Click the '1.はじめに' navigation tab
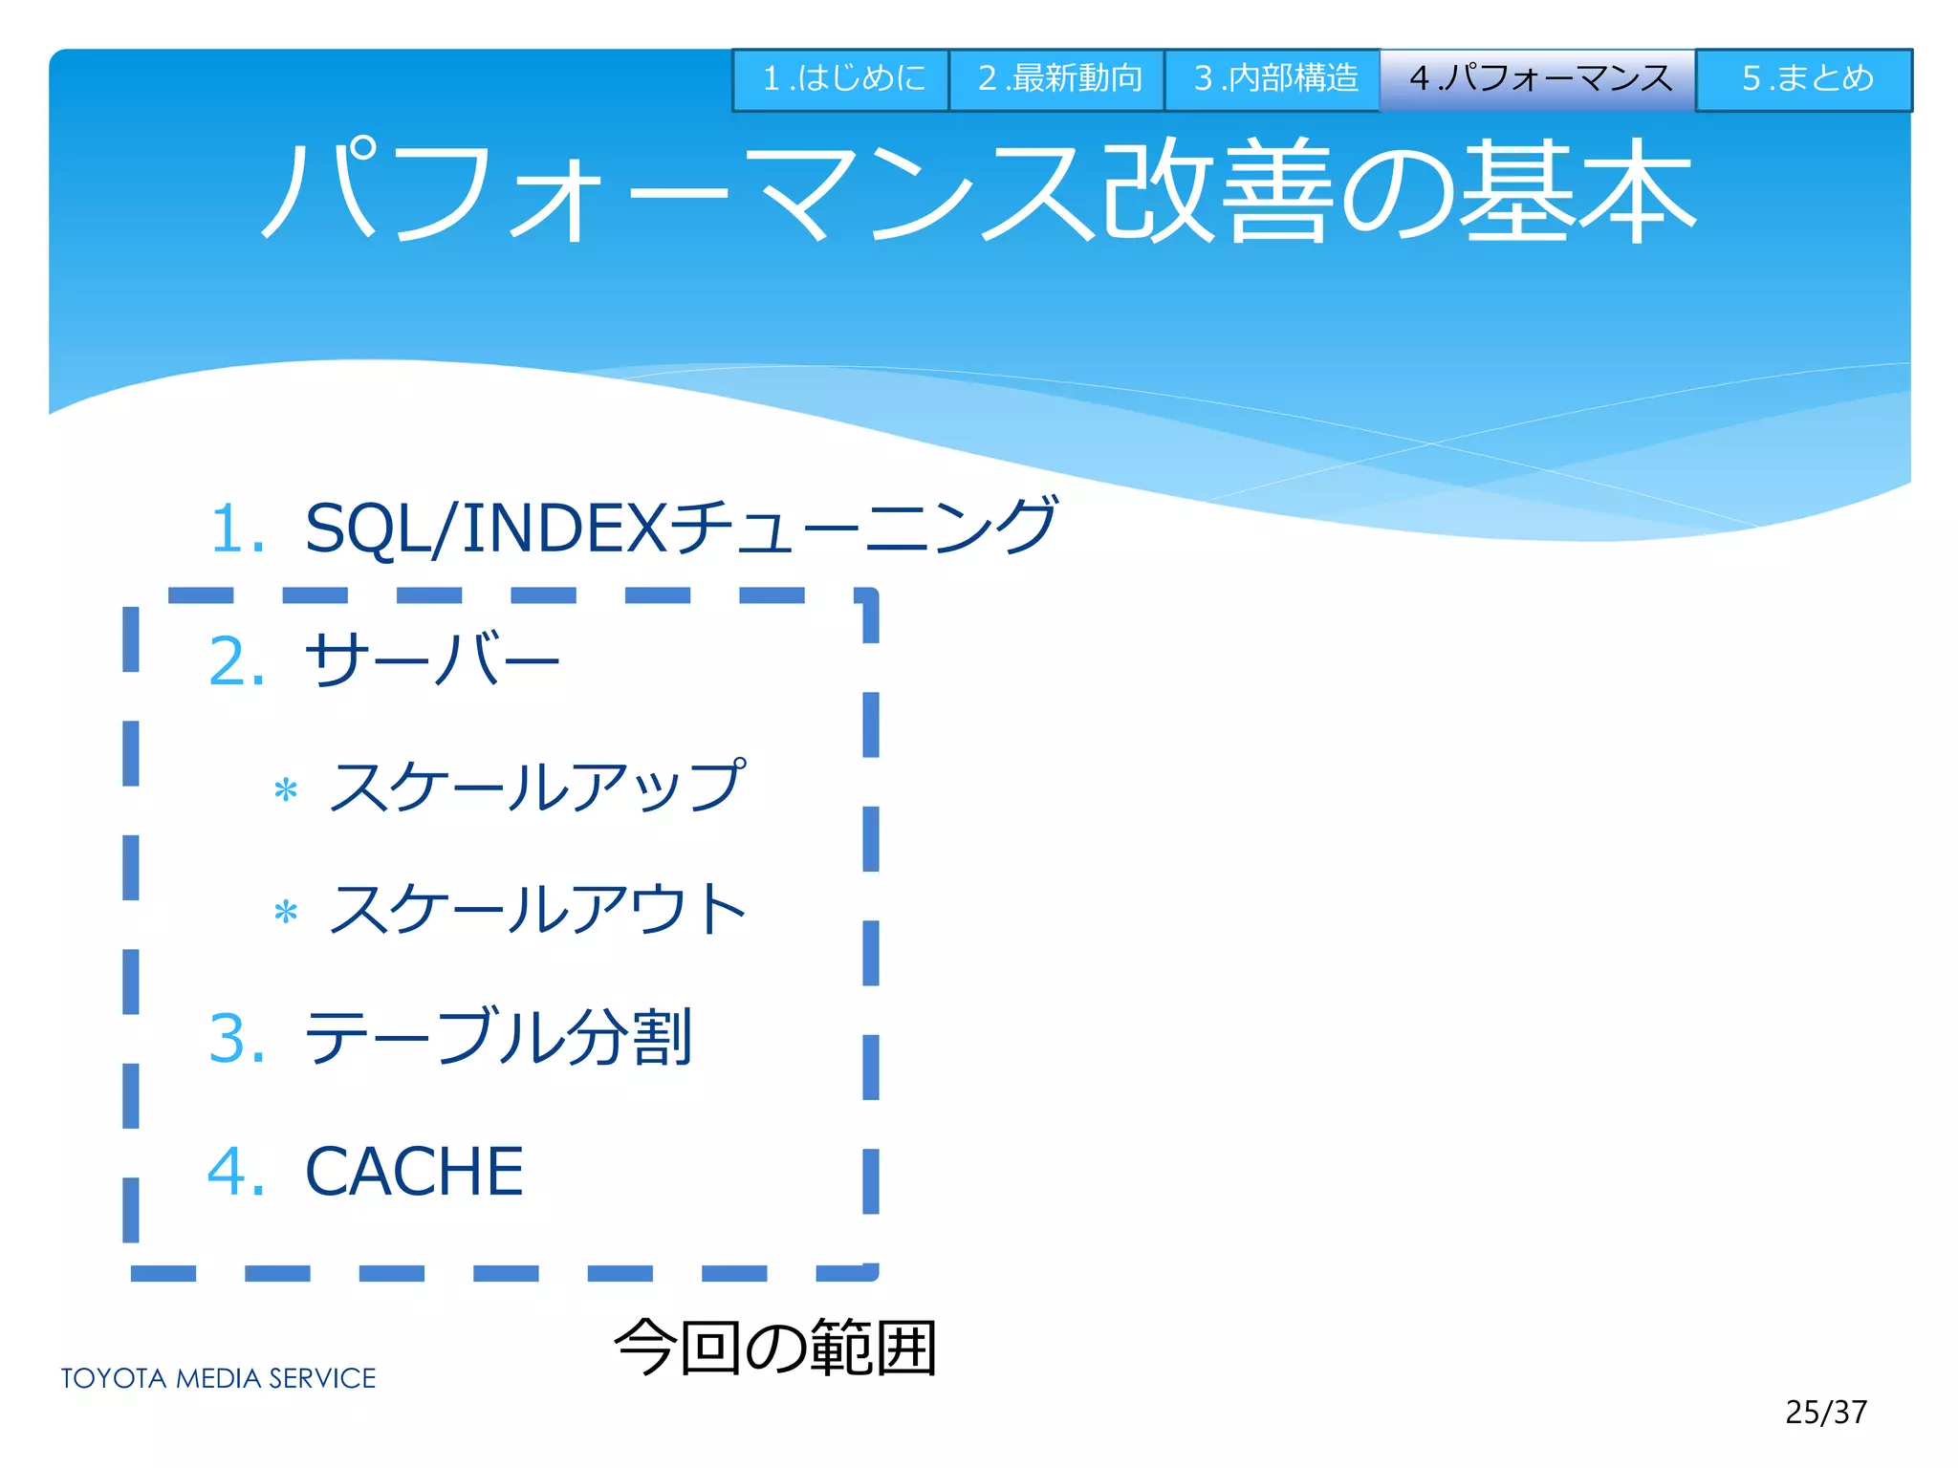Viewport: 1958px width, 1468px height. [x=841, y=79]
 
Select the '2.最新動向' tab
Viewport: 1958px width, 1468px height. [x=1057, y=79]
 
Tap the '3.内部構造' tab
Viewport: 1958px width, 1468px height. [x=1273, y=79]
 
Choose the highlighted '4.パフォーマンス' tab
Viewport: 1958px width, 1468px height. [x=1538, y=79]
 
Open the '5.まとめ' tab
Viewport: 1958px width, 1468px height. [x=1805, y=79]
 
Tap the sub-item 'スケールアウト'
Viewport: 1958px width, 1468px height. [x=537, y=909]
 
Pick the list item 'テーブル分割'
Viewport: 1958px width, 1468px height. [x=498, y=1038]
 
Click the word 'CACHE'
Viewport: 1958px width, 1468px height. [x=414, y=1172]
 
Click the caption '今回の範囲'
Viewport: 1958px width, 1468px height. [x=775, y=1348]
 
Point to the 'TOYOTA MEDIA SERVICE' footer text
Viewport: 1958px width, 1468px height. [x=218, y=1378]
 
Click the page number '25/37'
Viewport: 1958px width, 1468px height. [x=1826, y=1412]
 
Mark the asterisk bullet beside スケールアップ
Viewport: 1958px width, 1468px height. [x=286, y=791]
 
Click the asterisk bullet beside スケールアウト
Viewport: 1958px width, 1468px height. [x=286, y=913]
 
